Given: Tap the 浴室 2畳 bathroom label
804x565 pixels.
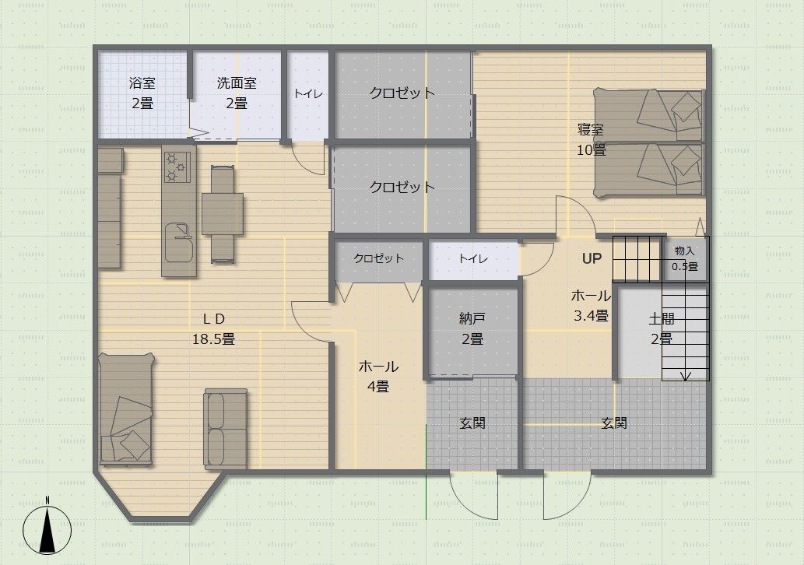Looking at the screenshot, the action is point(142,93).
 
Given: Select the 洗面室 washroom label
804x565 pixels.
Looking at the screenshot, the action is point(237,83).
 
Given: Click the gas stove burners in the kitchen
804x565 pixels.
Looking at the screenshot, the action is point(177,167).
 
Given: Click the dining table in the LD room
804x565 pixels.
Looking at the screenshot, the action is point(223,214).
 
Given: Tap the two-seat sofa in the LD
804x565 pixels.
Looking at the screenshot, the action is point(226,428).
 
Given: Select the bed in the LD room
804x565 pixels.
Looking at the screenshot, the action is point(126,409).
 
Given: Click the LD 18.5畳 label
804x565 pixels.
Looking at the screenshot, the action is point(214,328).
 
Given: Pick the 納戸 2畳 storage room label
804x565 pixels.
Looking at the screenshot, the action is point(472,328).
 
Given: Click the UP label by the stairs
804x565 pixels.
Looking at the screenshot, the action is point(592,258).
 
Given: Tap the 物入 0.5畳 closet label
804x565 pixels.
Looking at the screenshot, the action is point(685,258).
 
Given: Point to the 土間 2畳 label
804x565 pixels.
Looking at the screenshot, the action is point(662,328).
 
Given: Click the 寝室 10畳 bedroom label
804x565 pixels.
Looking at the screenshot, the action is point(592,139).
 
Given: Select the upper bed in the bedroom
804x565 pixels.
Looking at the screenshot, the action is point(648,115).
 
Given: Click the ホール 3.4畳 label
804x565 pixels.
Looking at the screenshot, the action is point(592,306).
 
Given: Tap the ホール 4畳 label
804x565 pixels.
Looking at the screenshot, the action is point(378,377).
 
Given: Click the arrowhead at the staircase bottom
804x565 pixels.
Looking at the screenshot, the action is point(686,377).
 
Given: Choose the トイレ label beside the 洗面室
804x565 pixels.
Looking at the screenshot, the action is point(308,94).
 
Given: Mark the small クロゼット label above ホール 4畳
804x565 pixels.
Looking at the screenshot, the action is point(378,258).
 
